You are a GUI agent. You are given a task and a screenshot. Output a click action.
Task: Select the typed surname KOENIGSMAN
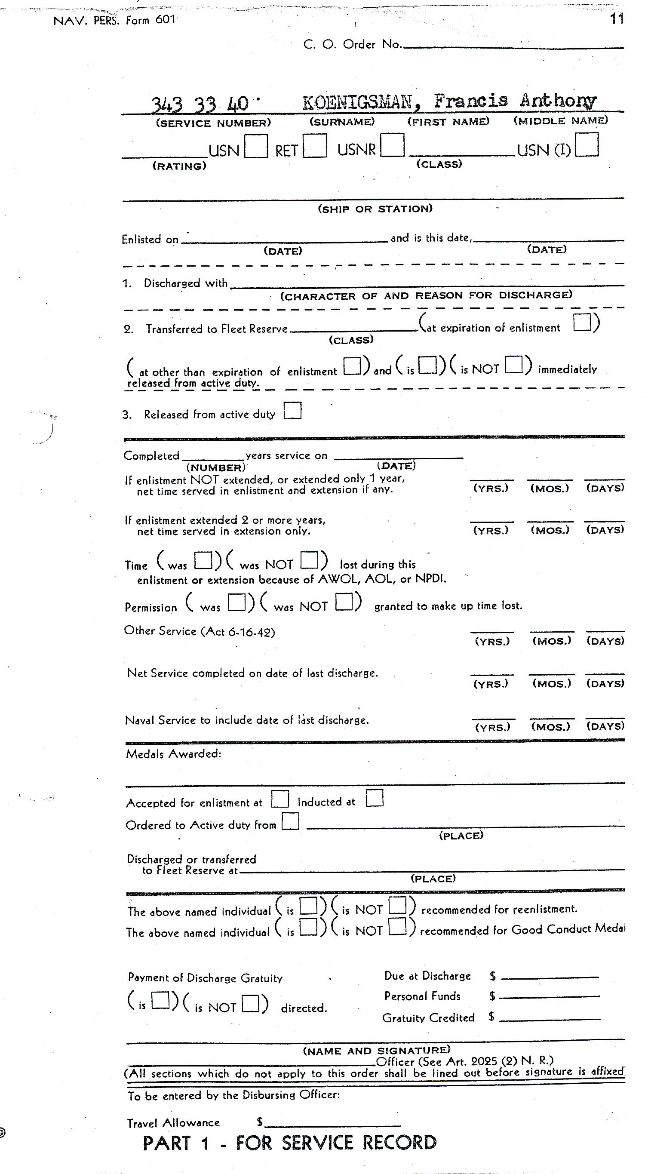357,102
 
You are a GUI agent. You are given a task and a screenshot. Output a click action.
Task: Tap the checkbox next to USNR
392,145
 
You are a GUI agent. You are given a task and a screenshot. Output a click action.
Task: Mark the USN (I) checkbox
587,144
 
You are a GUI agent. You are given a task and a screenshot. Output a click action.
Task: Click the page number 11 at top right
617,19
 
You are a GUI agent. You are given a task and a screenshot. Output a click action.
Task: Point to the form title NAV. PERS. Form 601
114,21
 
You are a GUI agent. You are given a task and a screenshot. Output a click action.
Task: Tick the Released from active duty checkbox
292,410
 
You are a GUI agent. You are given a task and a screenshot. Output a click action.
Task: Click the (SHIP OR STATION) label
375,209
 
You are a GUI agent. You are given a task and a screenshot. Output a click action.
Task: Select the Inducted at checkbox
374,798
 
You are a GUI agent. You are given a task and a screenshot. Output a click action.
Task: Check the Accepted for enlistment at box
280,799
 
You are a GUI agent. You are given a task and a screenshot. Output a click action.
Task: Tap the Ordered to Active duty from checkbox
290,822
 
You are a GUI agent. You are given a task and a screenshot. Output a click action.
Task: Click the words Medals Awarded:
173,754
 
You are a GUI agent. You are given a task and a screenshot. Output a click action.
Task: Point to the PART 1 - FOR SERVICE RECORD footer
289,1143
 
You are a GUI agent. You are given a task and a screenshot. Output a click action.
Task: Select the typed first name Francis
470,100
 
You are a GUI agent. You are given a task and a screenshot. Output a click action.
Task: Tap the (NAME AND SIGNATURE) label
377,1051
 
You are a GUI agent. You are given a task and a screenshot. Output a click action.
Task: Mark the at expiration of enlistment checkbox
582,322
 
